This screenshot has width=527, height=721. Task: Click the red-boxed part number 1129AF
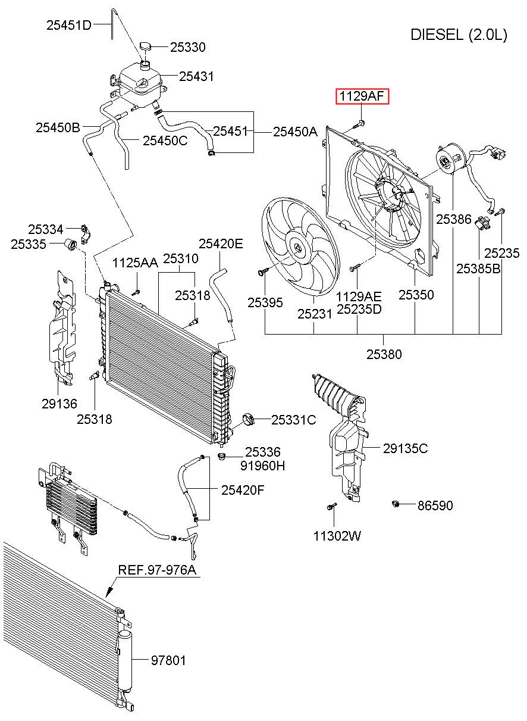[362, 96]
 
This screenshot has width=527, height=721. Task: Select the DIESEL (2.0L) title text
[459, 35]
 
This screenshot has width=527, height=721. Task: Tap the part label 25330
[188, 47]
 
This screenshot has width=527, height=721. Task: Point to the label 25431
[196, 77]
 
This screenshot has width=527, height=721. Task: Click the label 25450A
[295, 132]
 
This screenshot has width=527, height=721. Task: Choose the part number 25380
[384, 354]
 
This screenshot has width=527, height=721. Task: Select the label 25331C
[294, 420]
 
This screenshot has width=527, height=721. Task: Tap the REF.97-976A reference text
[157, 570]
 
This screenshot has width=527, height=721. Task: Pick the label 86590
[435, 505]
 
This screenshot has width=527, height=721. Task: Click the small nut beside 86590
[396, 504]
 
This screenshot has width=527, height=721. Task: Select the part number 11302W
[337, 536]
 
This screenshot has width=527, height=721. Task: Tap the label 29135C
[406, 448]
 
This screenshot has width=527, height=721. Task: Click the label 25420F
[243, 490]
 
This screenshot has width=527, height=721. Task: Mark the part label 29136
[59, 404]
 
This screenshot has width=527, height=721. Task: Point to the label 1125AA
[135, 263]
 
